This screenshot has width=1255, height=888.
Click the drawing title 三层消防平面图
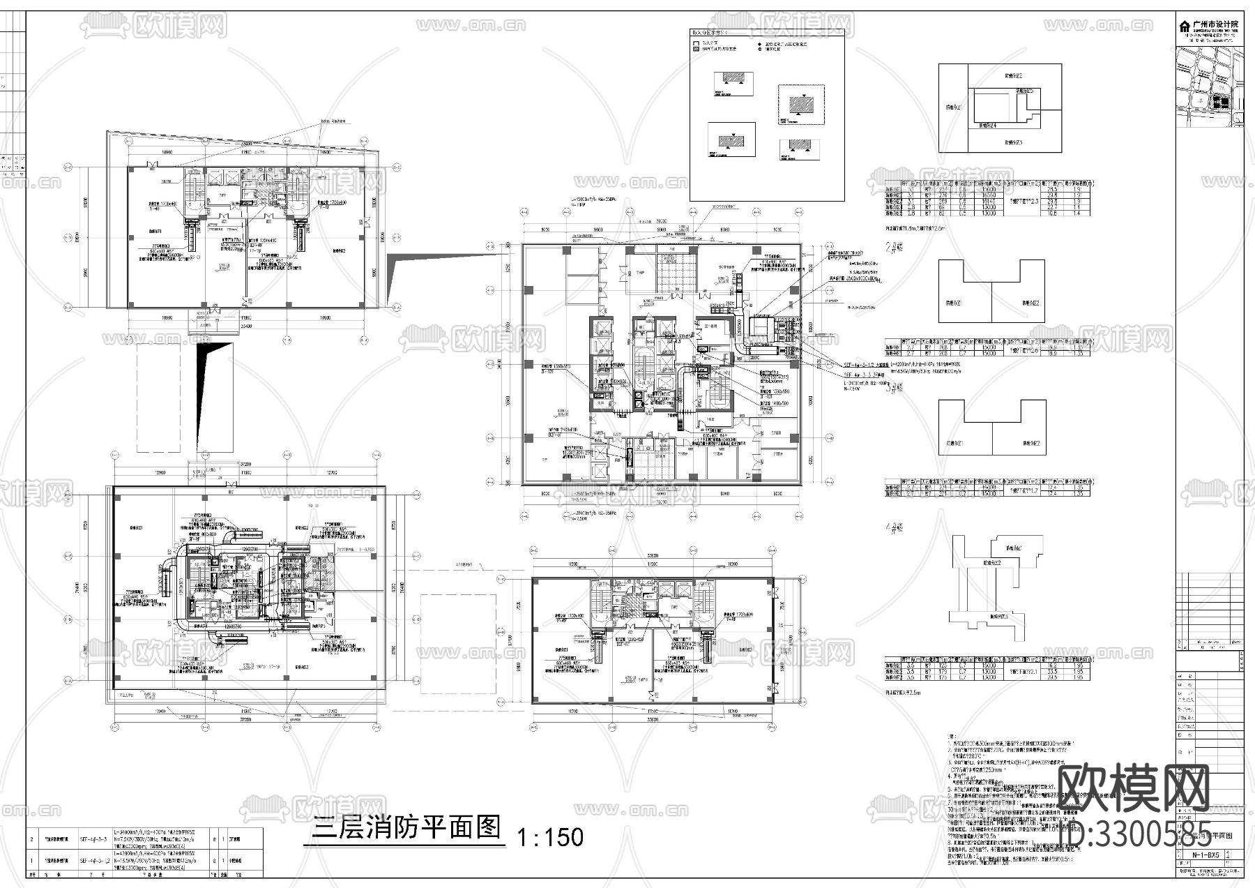click(407, 828)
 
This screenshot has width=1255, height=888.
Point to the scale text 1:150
click(549, 836)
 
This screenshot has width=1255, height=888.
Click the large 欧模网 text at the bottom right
click(1133, 789)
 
